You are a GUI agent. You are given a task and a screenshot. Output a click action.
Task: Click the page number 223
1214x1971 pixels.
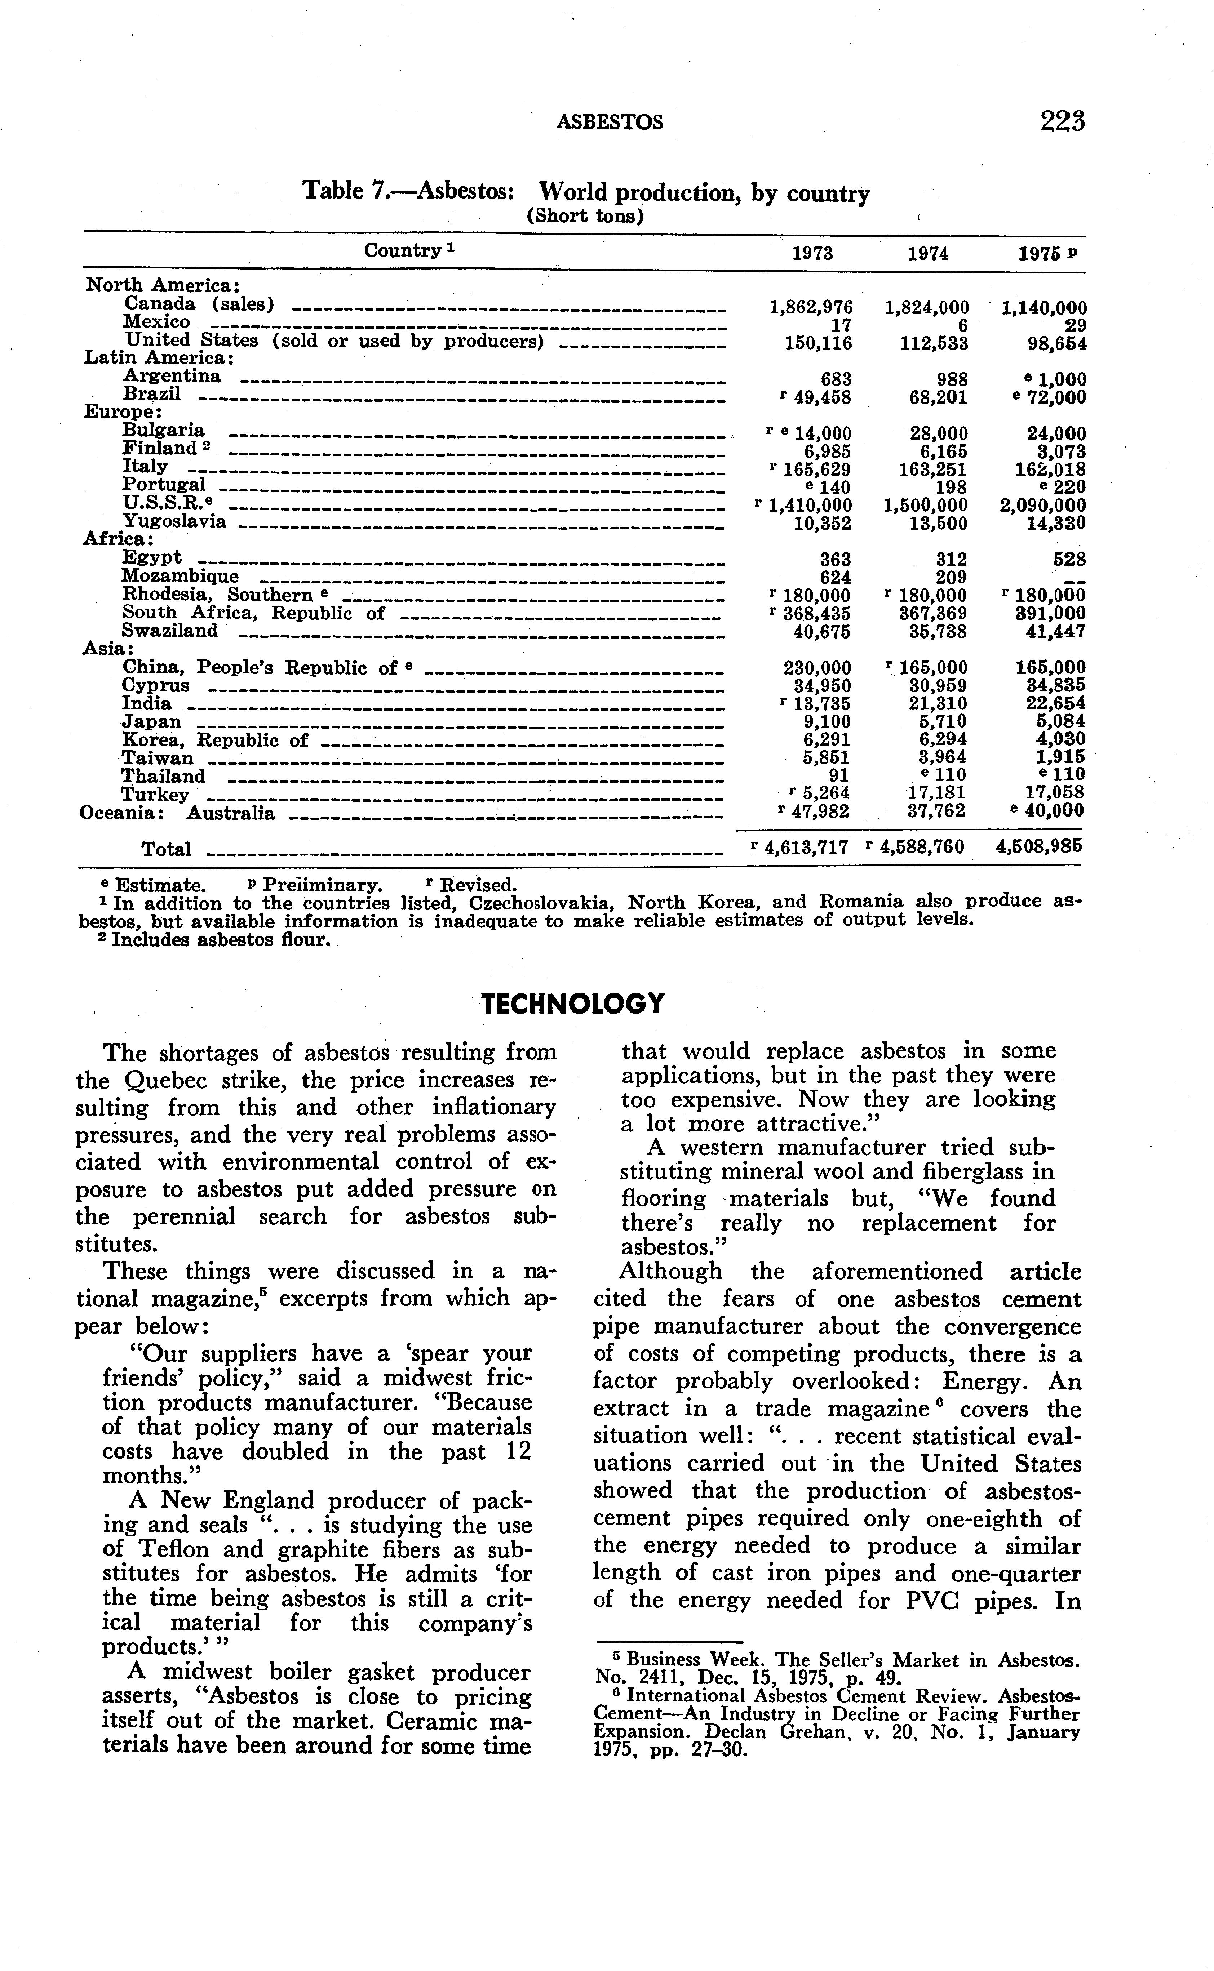[x=1062, y=121]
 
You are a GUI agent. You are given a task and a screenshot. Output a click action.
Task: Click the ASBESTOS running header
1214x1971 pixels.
[x=610, y=122]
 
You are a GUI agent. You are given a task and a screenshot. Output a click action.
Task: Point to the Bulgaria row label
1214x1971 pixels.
[x=163, y=431]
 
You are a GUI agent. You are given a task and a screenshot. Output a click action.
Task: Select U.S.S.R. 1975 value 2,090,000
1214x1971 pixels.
[x=1042, y=506]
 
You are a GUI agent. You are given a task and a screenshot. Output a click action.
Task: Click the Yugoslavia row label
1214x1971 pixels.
[x=174, y=522]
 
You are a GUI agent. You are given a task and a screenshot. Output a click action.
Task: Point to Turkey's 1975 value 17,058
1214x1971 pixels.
[x=1055, y=793]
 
